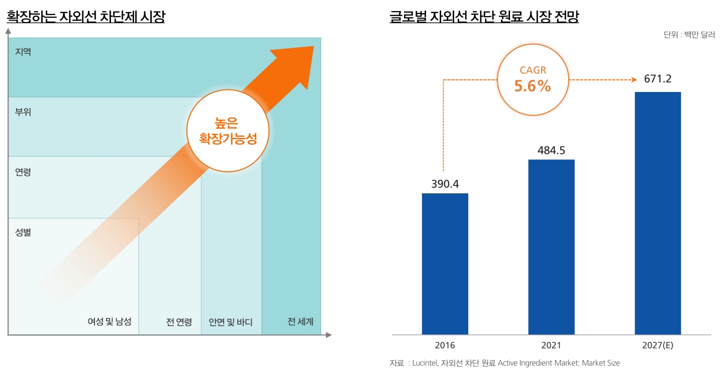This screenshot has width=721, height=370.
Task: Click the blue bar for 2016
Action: [445, 264]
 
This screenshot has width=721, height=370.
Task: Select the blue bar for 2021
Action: [551, 247]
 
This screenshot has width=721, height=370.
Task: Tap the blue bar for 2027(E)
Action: [658, 213]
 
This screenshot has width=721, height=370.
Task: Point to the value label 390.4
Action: [445, 184]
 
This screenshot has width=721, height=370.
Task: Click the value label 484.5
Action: [551, 150]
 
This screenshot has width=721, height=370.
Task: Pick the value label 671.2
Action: [658, 79]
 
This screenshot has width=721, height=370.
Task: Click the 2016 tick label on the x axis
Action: [445, 346]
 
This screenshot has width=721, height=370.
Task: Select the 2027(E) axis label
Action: [658, 346]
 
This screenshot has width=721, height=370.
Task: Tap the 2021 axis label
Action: [551, 346]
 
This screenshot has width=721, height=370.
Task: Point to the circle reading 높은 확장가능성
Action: [228, 131]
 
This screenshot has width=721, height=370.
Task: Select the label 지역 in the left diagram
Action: [23, 52]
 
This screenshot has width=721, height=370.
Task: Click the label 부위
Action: [23, 112]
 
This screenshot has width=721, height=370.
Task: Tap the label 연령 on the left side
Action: [23, 172]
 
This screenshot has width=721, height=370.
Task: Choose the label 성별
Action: [23, 232]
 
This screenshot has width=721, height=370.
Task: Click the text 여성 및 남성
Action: [110, 322]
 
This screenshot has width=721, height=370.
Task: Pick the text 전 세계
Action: [300, 322]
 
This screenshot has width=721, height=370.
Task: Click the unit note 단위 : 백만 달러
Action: [689, 35]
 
